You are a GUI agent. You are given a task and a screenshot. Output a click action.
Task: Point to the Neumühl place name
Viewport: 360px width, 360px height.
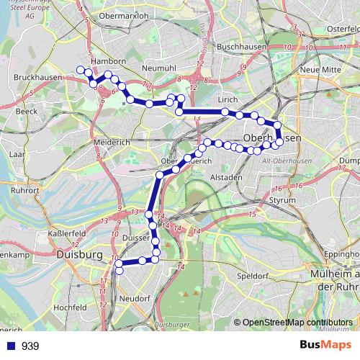[160, 68]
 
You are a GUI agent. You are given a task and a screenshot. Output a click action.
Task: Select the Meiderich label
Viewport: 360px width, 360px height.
[112, 142]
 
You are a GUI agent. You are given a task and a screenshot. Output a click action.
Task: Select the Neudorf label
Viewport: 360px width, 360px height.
[136, 297]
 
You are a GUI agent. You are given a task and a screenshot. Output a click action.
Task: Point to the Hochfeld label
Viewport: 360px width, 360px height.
[70, 307]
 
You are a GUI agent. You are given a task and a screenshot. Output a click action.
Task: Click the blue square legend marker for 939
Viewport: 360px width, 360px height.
[10, 346]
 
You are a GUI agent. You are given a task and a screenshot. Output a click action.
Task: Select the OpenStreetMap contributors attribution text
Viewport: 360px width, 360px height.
[297, 322]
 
